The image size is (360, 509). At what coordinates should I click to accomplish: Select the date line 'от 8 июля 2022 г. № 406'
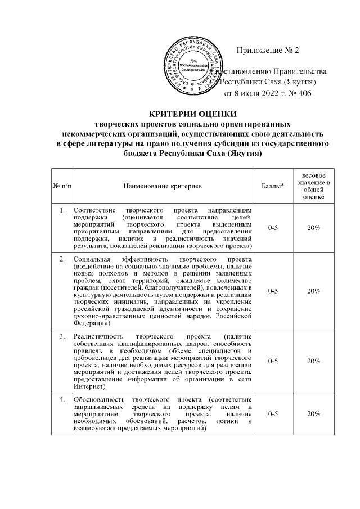(x=268, y=93)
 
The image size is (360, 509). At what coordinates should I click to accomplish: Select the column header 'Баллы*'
(x=273, y=185)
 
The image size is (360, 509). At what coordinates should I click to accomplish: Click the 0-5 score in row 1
(x=273, y=227)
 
